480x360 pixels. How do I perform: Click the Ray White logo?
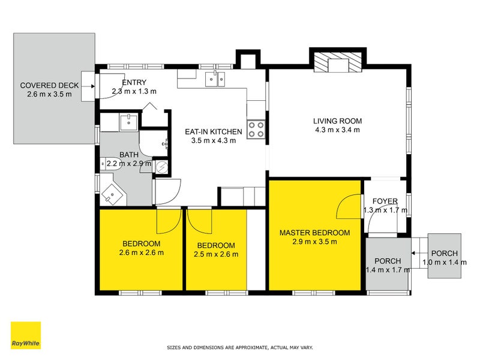26,335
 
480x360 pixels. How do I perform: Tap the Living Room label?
337,121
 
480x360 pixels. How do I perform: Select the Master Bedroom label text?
314,233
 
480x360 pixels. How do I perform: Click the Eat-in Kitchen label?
214,131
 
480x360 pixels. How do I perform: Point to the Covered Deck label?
49,85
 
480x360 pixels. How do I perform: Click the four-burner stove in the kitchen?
256,130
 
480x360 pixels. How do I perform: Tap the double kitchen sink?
215,79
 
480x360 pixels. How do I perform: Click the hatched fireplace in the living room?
338,62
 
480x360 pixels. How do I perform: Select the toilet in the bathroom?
112,164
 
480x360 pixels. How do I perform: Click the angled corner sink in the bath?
112,194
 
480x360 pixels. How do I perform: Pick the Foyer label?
385,201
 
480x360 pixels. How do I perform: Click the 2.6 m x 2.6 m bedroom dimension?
141,253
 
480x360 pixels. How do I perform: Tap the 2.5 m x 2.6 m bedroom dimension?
216,254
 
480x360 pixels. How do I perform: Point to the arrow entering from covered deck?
89,86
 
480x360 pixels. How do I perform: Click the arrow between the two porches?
419,253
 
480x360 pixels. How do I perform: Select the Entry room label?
134,82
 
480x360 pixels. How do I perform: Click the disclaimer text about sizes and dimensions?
239,347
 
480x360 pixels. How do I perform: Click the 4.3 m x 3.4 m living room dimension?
337,130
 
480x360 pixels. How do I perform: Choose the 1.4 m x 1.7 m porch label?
388,270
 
